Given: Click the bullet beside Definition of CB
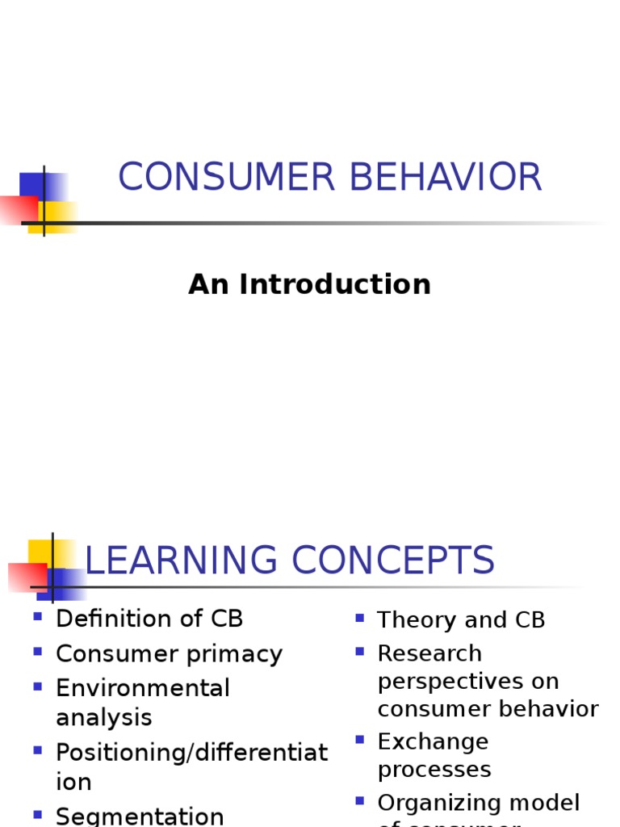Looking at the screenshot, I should click(37, 617).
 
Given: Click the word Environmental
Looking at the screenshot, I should click(143, 688).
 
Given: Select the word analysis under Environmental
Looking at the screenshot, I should click(103, 717).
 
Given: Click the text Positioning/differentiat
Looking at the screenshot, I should click(192, 753).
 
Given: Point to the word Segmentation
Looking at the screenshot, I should click(140, 816).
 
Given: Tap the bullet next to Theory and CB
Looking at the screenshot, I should click(359, 619).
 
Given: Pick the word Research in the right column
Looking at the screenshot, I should click(429, 653).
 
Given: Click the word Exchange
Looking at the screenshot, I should click(434, 741).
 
